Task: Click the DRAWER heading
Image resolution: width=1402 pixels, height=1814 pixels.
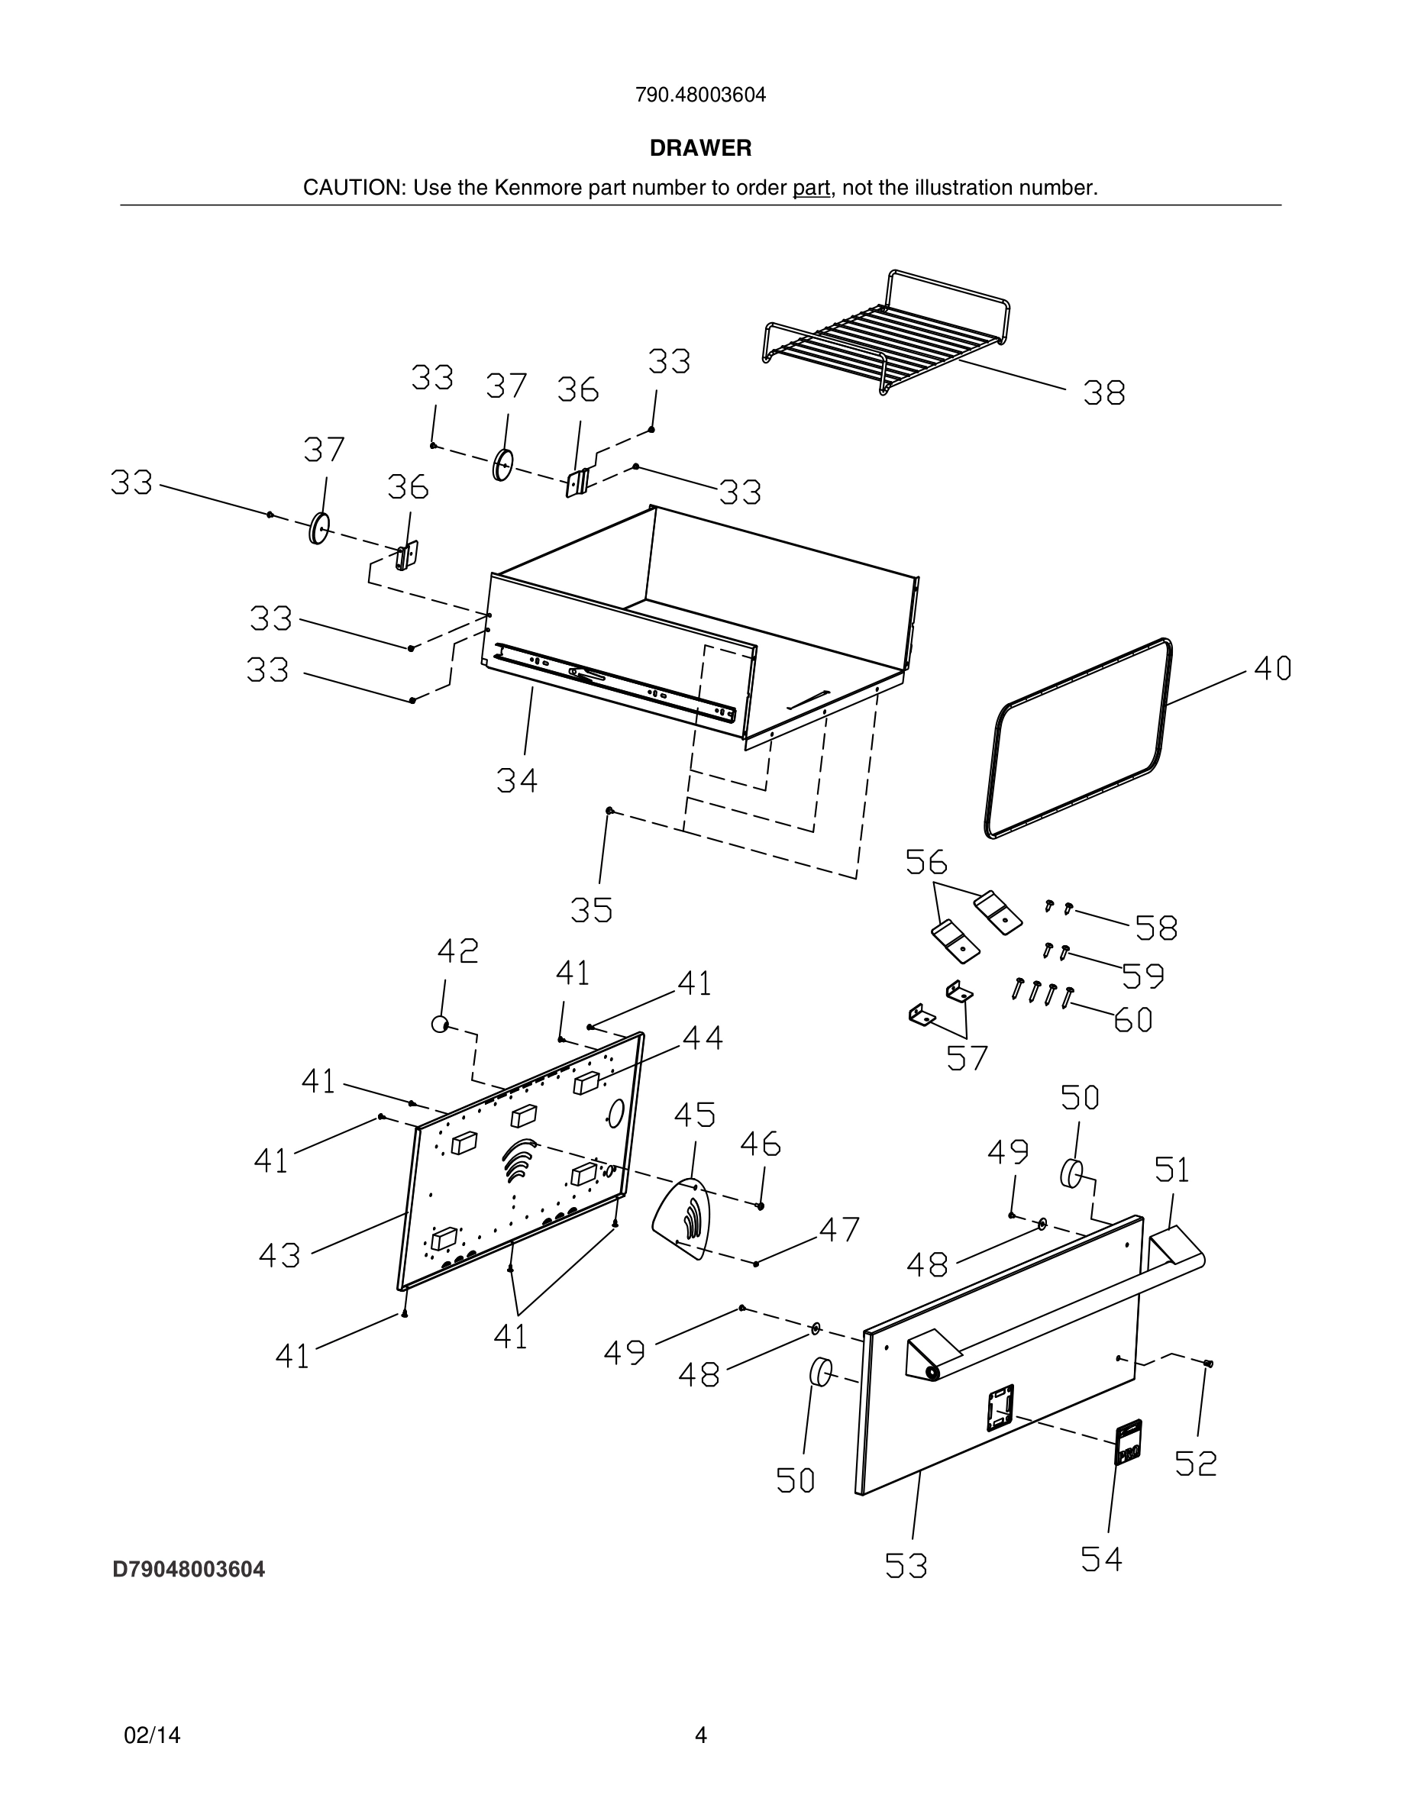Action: click(700, 148)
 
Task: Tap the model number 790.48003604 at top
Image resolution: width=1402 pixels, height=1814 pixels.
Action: click(700, 95)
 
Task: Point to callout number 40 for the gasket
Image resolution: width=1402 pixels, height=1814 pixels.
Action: click(1272, 669)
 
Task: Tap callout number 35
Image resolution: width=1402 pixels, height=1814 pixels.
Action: click(591, 911)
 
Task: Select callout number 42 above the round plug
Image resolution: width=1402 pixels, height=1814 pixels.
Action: click(457, 951)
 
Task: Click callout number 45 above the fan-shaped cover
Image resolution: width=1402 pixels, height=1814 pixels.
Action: click(694, 1115)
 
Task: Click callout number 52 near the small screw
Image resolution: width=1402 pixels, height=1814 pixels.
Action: click(1196, 1464)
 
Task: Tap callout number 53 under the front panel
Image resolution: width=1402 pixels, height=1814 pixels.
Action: click(906, 1566)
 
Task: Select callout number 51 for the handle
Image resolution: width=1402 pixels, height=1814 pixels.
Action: click(1172, 1170)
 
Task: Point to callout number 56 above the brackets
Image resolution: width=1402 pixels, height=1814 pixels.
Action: click(926, 862)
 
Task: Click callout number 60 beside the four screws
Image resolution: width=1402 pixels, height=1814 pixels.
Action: click(1133, 1020)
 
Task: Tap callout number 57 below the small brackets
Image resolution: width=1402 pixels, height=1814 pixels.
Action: click(968, 1058)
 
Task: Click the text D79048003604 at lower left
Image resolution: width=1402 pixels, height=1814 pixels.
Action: click(189, 1570)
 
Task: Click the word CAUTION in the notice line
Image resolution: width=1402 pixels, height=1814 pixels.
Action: click(352, 188)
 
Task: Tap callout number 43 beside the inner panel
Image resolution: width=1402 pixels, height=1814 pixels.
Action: click(279, 1256)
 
